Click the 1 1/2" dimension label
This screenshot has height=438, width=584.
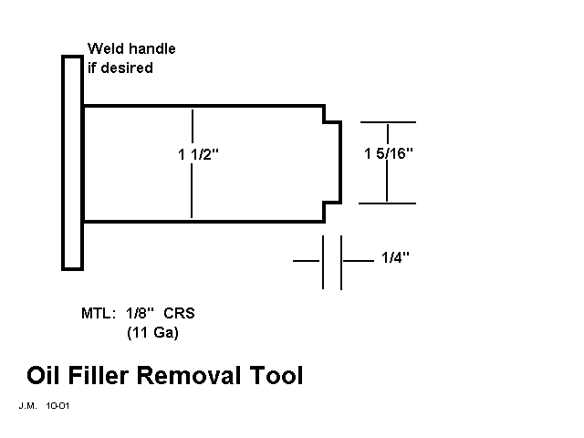199,155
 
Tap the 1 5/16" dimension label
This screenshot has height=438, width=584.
389,152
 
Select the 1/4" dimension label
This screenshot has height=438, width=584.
394,258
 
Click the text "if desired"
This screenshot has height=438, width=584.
120,68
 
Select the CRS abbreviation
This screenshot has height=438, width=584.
179,314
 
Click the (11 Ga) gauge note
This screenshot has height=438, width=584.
152,333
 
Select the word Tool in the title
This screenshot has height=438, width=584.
277,375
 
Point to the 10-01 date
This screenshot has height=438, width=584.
57,404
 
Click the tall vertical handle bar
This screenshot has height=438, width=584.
72,162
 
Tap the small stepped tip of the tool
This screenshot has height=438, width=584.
334,162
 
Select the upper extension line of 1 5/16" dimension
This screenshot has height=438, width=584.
388,121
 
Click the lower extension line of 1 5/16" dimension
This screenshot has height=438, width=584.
388,203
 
